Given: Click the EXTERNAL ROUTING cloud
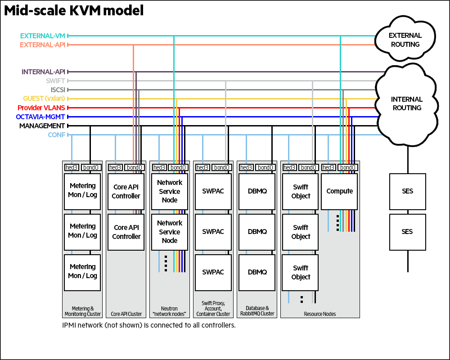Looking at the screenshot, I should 405,40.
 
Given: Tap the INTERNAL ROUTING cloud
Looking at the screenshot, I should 406,103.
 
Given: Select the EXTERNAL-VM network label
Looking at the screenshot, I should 43,36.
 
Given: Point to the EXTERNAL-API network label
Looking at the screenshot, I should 43,45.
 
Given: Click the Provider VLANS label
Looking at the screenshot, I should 41,108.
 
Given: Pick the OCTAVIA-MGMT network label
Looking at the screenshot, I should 40,117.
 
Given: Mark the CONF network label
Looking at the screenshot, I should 56,135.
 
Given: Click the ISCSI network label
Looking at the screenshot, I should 58,90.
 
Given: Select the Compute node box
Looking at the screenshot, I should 339,191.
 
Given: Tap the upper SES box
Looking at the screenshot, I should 407,191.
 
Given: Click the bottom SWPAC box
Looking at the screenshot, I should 213,272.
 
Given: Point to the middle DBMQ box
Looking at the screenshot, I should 257,232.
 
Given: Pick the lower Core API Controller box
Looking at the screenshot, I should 126,232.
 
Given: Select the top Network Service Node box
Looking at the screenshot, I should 170,191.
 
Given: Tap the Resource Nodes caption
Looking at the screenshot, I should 319,314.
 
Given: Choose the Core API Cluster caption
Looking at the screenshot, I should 126,314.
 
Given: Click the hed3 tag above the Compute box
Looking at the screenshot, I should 328,167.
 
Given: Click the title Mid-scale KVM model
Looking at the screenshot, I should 74,11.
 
